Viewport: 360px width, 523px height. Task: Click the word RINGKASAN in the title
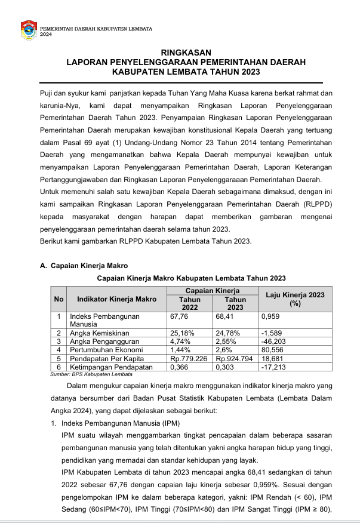coord(186,53)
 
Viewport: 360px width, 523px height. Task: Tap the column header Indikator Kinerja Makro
coord(112,299)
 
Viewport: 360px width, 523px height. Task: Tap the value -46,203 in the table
coord(274,342)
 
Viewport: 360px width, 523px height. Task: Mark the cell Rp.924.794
coord(235,359)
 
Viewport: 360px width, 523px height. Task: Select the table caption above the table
coord(191,278)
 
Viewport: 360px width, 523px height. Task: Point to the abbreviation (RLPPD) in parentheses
coord(317,204)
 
